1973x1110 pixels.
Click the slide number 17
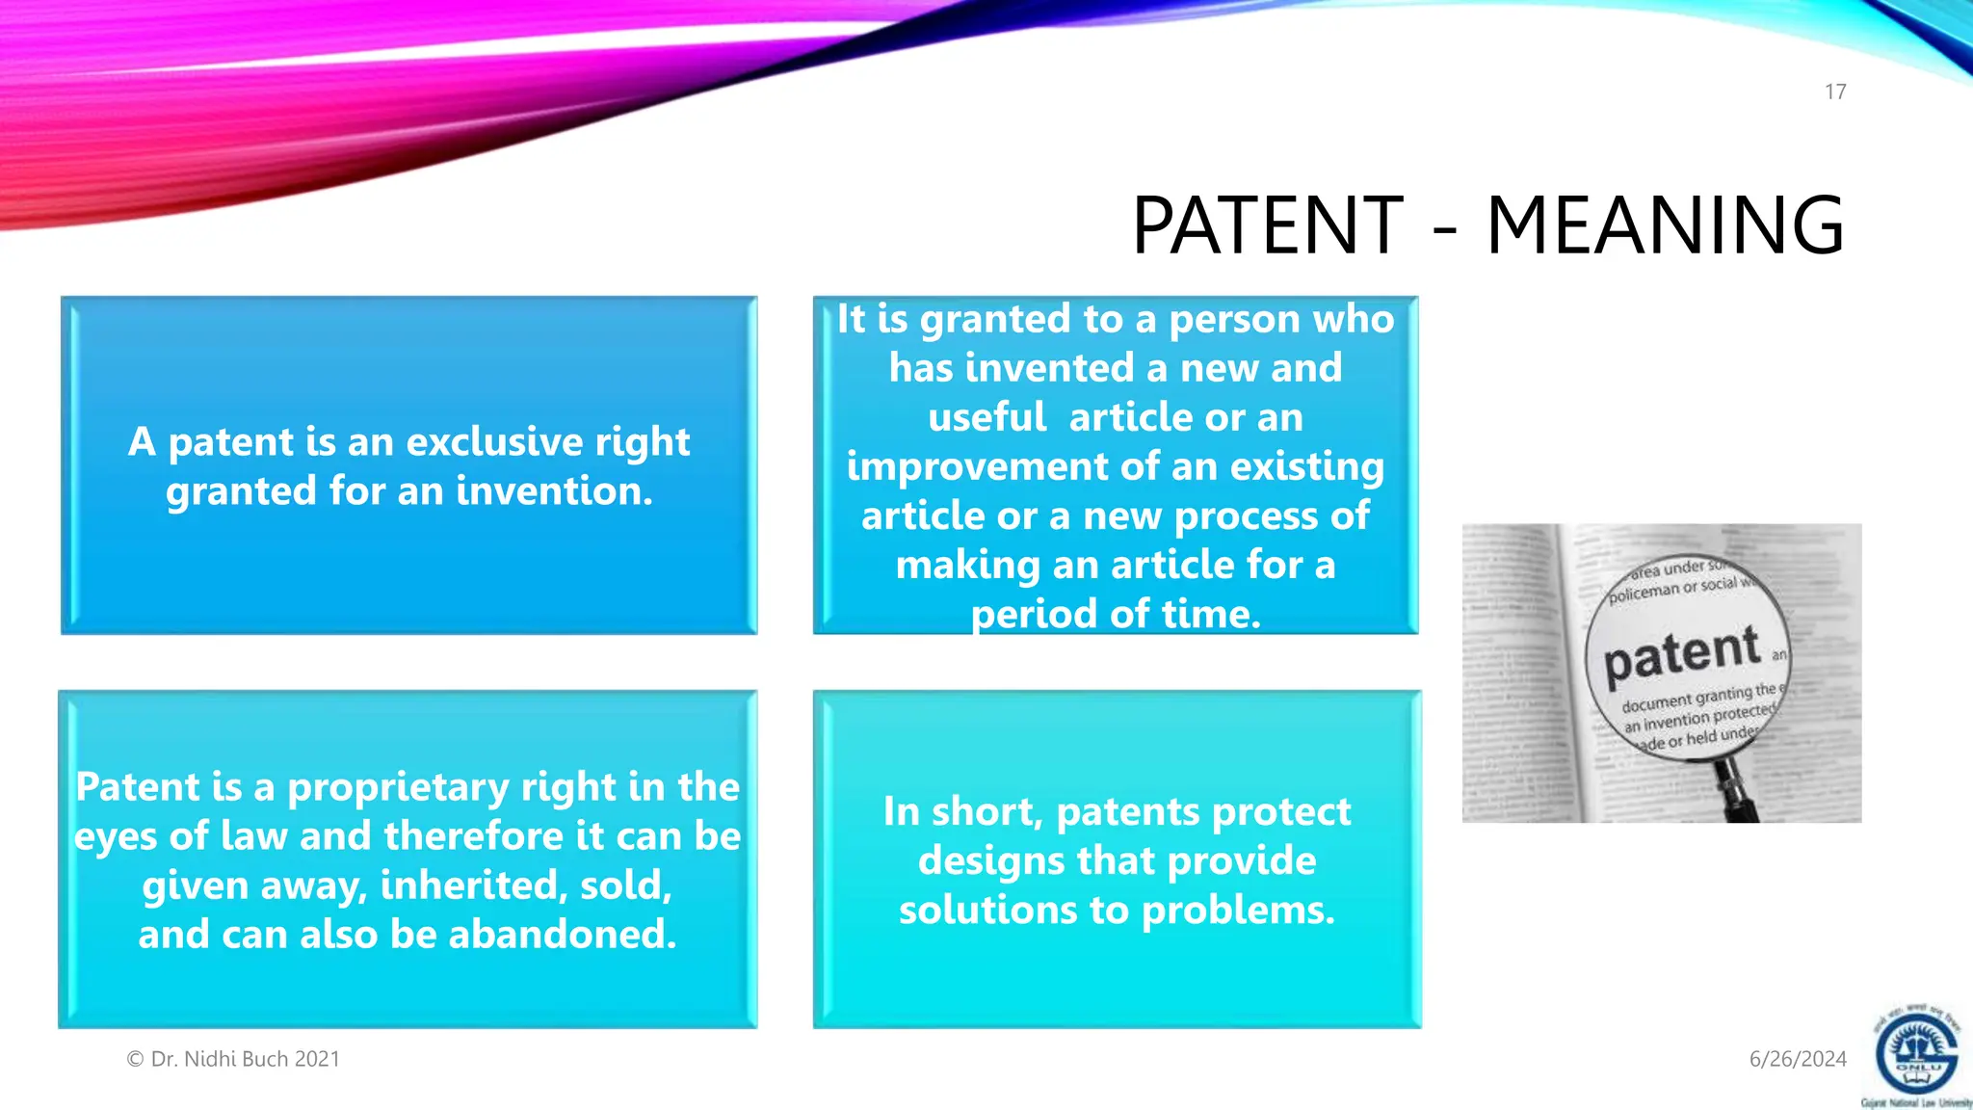(1835, 92)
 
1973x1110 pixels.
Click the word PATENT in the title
(1268, 225)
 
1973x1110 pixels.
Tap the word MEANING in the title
(1665, 225)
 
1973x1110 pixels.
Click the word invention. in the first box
(554, 491)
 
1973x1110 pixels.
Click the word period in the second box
(1024, 615)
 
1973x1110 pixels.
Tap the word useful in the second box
(986, 418)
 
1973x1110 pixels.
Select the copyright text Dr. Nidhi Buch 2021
(233, 1059)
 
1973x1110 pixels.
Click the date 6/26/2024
(1798, 1059)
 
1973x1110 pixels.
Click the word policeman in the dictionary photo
(1644, 592)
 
